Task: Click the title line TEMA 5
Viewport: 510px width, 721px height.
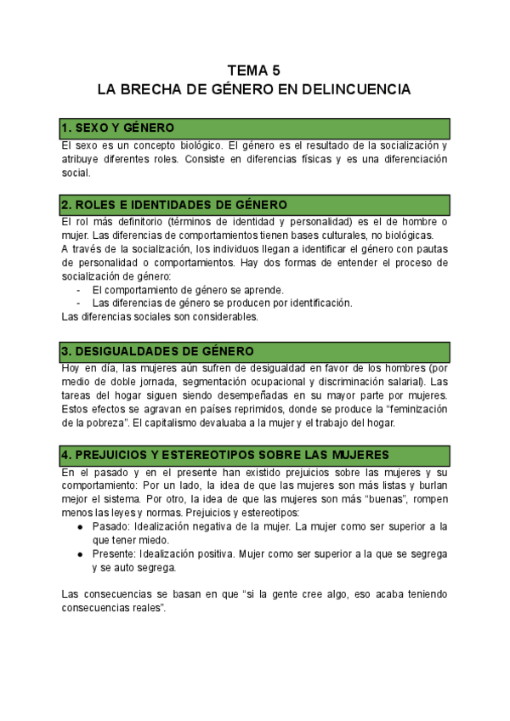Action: pos(254,71)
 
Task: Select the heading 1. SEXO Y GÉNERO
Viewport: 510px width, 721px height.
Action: pos(116,128)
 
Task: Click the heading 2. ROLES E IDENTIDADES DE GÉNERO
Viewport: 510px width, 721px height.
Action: pos(173,205)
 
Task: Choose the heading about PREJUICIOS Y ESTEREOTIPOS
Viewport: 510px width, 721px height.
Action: pos(225,453)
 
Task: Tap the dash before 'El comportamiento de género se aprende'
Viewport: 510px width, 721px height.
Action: pos(79,290)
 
